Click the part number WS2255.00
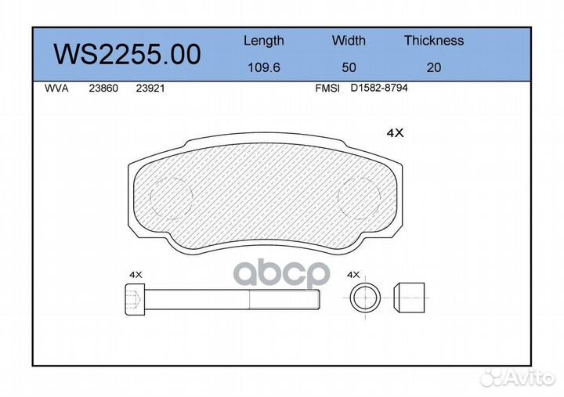tap(127, 54)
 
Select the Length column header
tap(264, 41)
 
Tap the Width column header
tap(349, 40)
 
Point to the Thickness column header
tap(434, 40)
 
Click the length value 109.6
tap(264, 67)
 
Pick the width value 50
tap(349, 67)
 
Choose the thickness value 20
tap(434, 67)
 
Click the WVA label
tap(56, 88)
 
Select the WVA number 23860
tap(103, 88)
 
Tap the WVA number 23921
tap(150, 88)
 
